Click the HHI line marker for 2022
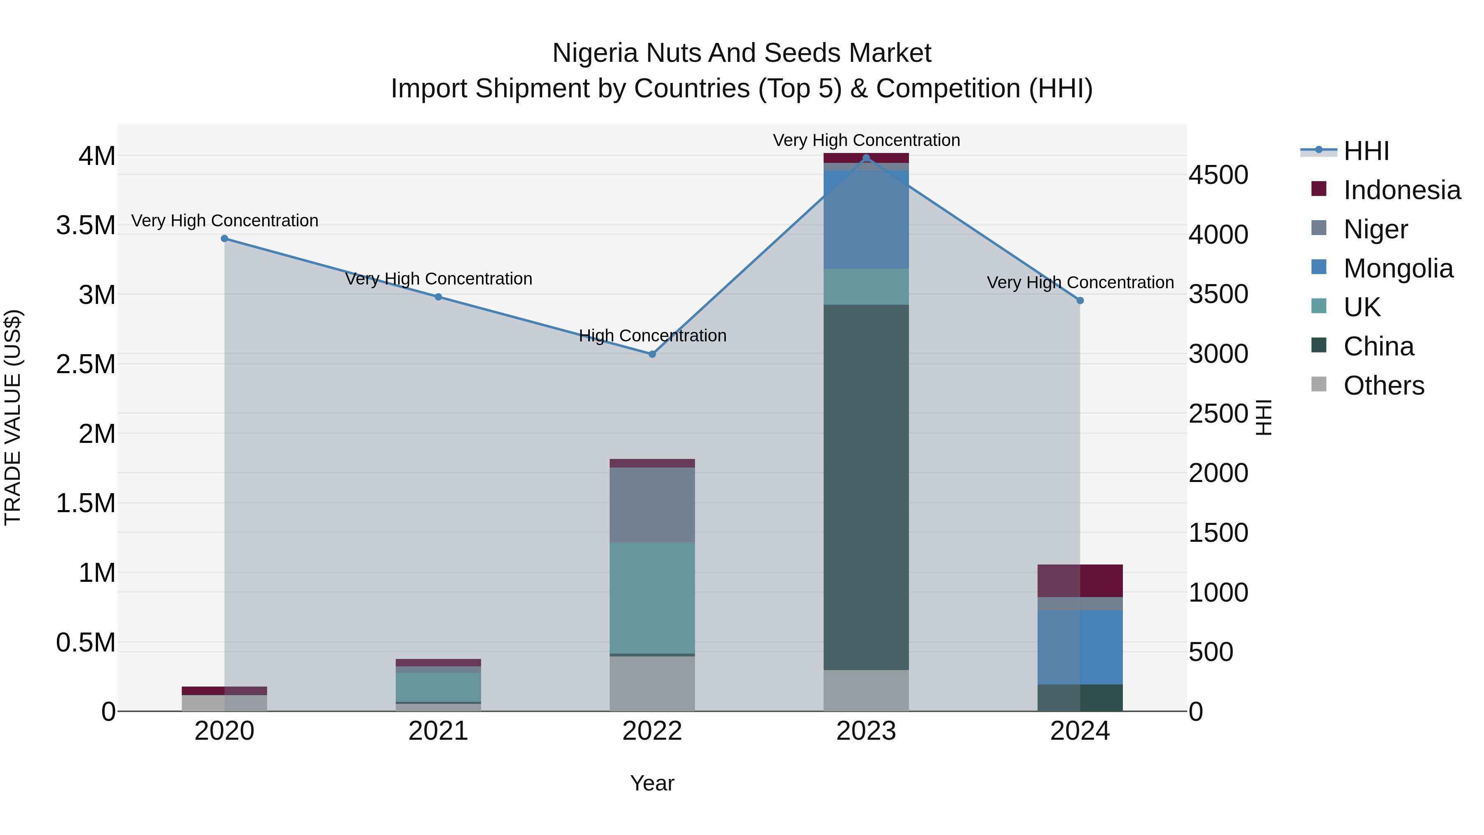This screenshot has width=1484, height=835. tap(652, 354)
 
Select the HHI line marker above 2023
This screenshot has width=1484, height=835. tap(866, 158)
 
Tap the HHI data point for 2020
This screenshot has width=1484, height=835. tap(225, 239)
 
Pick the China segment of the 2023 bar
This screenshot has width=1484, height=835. tap(866, 487)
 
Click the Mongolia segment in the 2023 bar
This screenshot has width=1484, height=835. tap(866, 219)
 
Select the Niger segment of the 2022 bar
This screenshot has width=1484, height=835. tap(652, 504)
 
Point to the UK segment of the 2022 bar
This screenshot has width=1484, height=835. tap(652, 597)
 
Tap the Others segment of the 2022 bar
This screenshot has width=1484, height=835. tap(652, 683)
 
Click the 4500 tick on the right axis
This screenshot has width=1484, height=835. tap(1218, 175)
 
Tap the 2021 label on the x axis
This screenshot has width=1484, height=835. tap(439, 731)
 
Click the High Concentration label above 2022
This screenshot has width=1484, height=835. tap(652, 335)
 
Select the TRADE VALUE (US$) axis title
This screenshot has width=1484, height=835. tap(13, 417)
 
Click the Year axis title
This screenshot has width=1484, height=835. tap(652, 783)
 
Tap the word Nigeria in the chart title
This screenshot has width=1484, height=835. tap(595, 53)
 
